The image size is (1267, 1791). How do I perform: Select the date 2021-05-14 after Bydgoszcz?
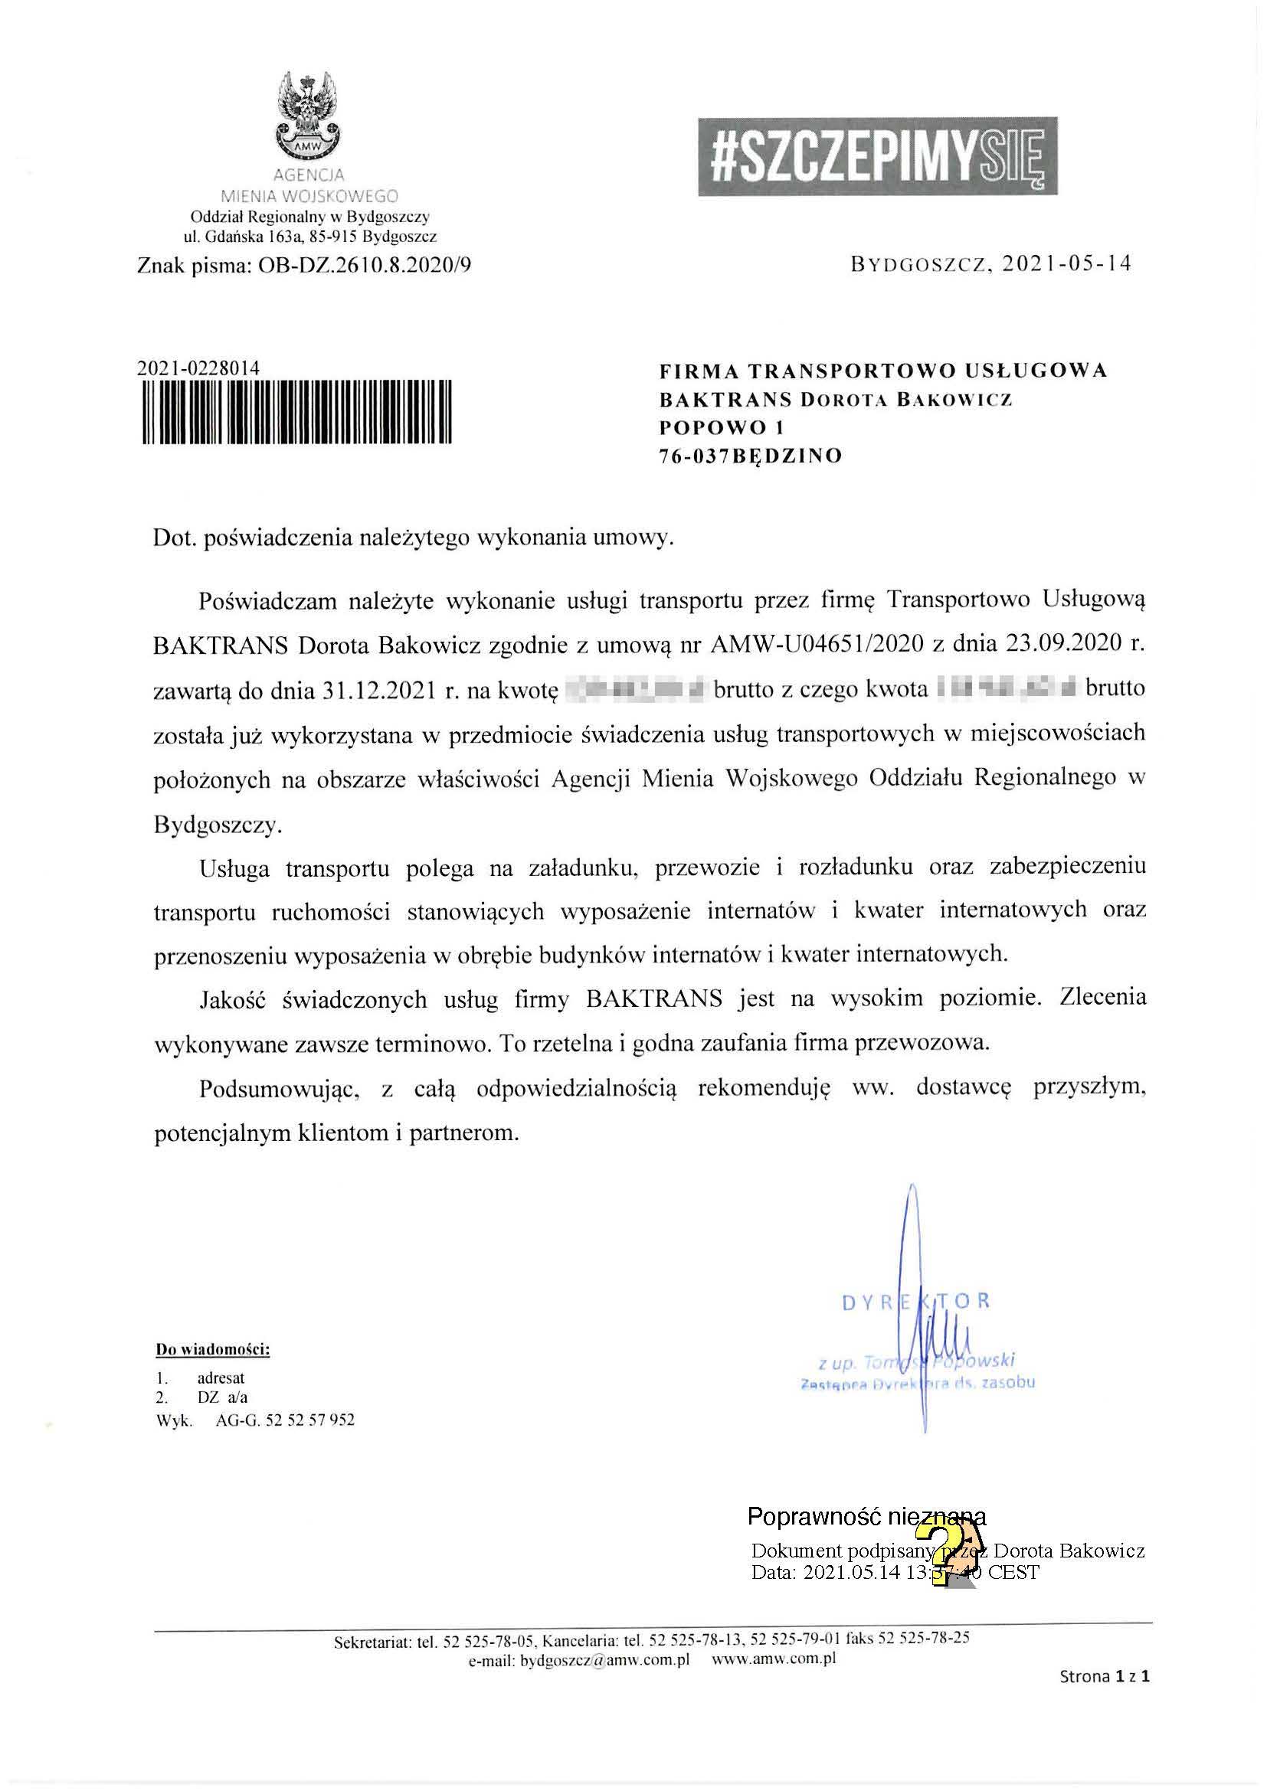[1066, 264]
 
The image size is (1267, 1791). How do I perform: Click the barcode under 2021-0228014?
[298, 411]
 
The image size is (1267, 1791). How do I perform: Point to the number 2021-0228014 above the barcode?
[198, 368]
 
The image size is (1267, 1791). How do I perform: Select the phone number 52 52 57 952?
[309, 1420]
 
